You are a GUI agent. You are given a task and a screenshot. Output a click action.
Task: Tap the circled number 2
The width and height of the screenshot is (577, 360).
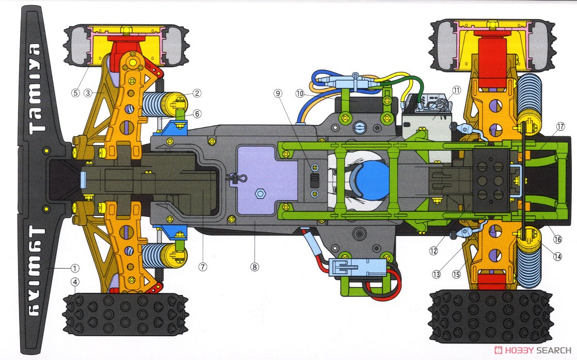click(197, 93)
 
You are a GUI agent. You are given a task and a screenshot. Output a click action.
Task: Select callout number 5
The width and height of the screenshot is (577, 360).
click(75, 93)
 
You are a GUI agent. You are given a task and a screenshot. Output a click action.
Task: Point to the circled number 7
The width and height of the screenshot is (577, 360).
click(202, 267)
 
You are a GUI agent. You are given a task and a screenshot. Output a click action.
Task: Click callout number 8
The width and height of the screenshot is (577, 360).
click(254, 267)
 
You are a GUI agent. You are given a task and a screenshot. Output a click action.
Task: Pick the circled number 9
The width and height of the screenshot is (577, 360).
click(278, 93)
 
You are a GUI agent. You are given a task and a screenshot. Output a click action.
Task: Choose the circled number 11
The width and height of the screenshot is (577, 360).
click(456, 90)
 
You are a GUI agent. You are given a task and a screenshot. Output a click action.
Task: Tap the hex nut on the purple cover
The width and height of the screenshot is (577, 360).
click(261, 194)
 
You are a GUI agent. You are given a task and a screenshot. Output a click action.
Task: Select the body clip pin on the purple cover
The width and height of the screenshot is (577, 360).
click(235, 178)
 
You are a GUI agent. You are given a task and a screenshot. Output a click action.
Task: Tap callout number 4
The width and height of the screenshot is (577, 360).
click(76, 282)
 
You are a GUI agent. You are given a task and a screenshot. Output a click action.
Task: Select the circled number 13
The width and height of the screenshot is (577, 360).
click(437, 274)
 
